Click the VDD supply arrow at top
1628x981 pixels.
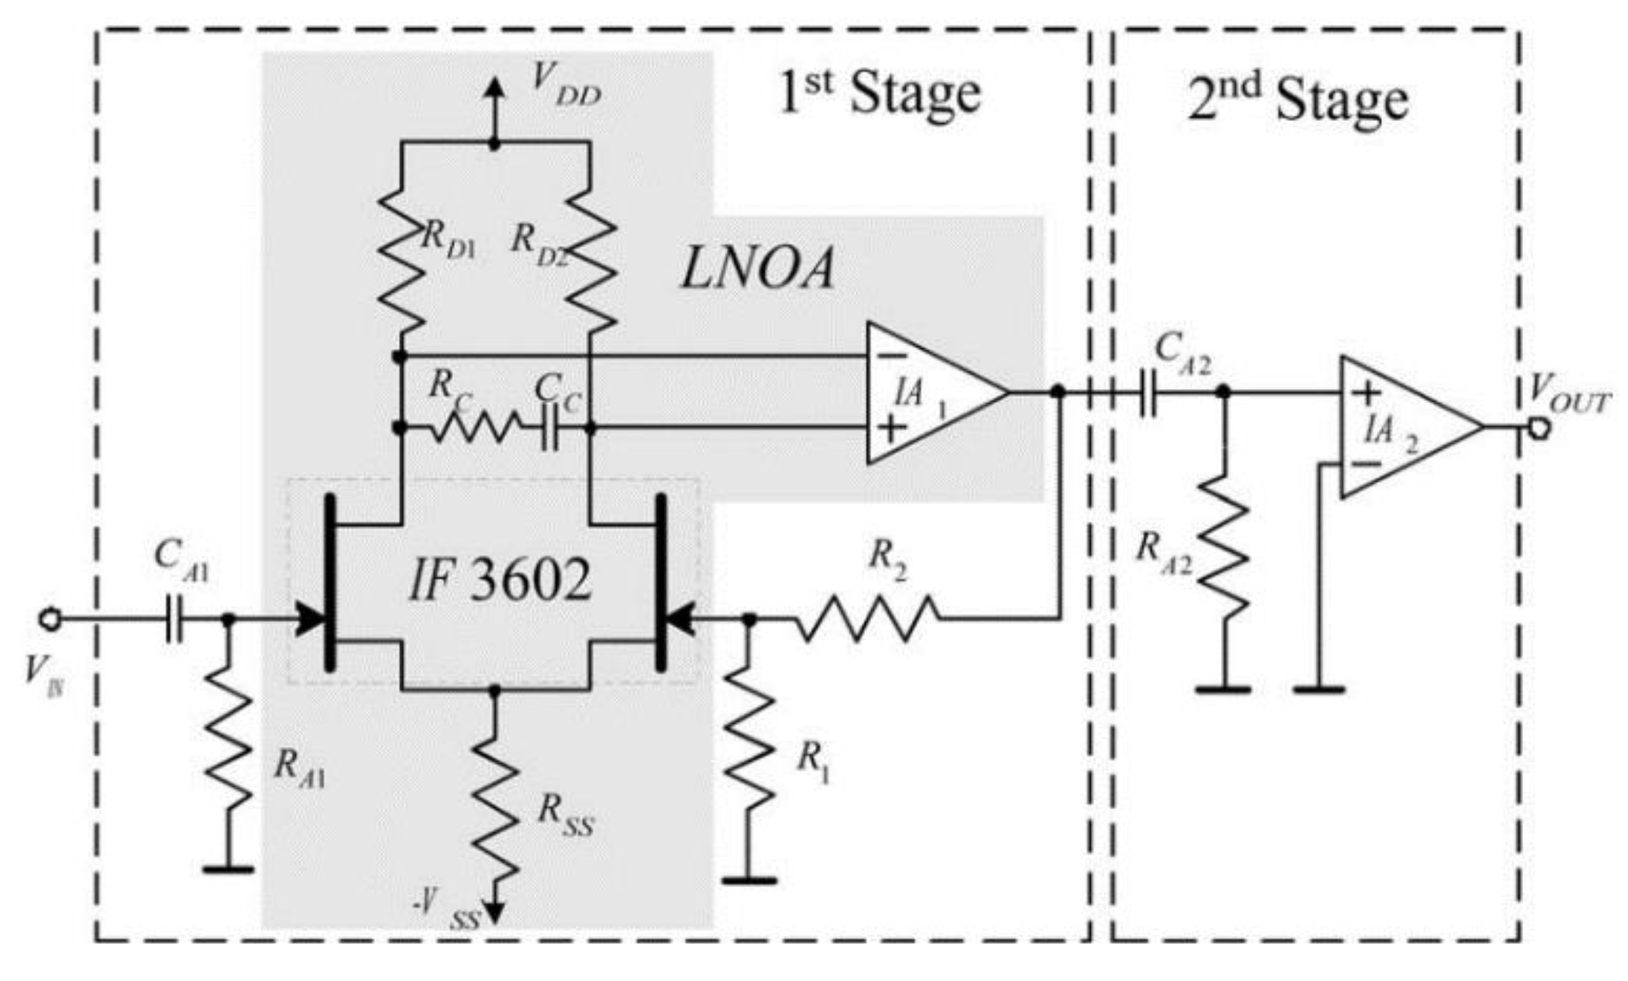pyautogui.click(x=494, y=91)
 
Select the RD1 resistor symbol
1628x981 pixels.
pyautogui.click(x=401, y=258)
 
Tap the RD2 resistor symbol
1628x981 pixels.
pyautogui.click(x=590, y=258)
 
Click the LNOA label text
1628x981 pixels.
pyautogui.click(x=757, y=271)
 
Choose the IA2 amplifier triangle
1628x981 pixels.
pyautogui.click(x=1403, y=428)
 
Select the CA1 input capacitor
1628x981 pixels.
pyautogui.click(x=175, y=619)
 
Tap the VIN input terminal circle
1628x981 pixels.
pyautogui.click(x=50, y=619)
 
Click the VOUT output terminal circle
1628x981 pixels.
pyautogui.click(x=1538, y=428)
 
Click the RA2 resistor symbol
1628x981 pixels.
pyautogui.click(x=1223, y=547)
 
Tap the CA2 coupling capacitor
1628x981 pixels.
pyautogui.click(x=1148, y=393)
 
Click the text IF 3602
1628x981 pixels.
pyautogui.click(x=499, y=582)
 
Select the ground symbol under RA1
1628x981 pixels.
pyautogui.click(x=228, y=869)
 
